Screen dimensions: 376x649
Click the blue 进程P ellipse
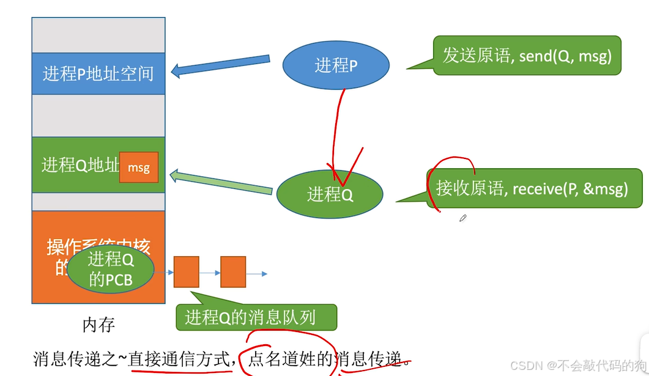336,65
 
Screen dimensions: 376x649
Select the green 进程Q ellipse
330,194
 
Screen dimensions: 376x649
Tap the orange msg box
139,168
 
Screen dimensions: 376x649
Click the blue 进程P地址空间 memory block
98,74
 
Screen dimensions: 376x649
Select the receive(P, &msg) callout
532,189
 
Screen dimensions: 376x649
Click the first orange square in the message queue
187,272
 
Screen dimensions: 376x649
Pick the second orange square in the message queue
233,272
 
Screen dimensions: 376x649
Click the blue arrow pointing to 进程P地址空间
220,65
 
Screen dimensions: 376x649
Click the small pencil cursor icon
463,218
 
